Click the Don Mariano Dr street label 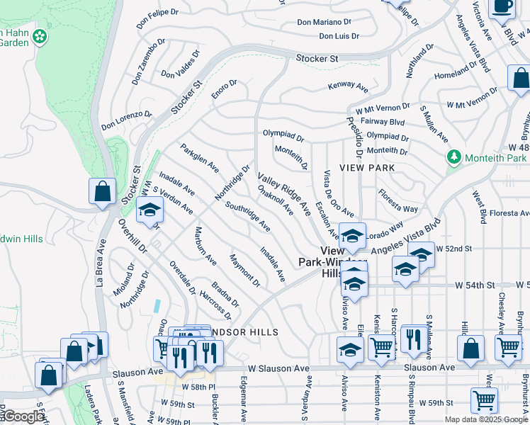point(325,22)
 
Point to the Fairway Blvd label point(383,122)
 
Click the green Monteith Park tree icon point(452,157)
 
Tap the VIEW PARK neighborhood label point(366,168)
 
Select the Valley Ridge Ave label point(283,194)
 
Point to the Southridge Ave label point(247,217)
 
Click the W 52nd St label point(455,249)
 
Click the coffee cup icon point(503,6)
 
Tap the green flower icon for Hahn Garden point(41,35)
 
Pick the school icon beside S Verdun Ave point(150,210)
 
